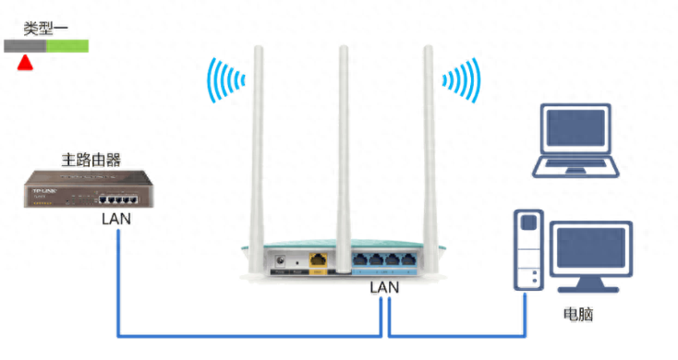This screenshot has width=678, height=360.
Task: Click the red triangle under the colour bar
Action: [x=25, y=62]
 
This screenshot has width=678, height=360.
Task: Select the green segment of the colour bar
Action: [x=67, y=44]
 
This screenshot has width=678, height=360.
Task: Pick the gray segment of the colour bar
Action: [x=25, y=44]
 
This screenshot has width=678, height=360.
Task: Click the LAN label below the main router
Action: [x=116, y=220]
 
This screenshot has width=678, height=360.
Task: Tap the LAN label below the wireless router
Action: [x=384, y=289]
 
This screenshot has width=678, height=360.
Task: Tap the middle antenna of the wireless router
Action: [x=344, y=138]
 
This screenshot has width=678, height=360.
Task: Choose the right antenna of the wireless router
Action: [x=429, y=138]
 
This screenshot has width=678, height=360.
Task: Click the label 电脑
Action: [x=578, y=314]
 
